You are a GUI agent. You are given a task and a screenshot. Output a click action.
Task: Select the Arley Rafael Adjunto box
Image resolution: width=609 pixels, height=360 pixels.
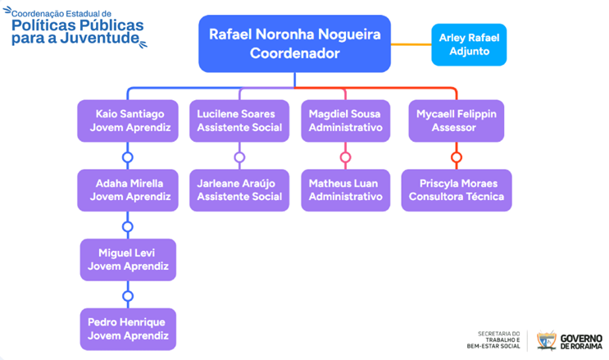click(x=469, y=43)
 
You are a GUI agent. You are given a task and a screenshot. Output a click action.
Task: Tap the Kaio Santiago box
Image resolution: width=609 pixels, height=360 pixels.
click(x=127, y=121)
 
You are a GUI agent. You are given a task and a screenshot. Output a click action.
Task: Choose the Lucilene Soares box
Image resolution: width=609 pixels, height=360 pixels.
click(x=239, y=121)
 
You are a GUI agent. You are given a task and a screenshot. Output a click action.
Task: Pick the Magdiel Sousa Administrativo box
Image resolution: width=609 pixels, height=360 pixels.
click(x=345, y=121)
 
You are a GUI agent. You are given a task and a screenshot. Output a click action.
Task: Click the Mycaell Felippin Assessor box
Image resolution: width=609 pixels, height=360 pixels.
click(x=456, y=121)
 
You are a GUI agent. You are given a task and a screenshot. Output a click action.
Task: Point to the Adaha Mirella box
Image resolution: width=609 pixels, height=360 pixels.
click(x=127, y=190)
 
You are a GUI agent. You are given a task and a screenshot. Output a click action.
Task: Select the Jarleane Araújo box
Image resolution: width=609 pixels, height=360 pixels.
click(x=239, y=190)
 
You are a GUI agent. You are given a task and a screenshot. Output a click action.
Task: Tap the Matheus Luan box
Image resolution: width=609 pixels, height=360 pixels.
click(x=345, y=190)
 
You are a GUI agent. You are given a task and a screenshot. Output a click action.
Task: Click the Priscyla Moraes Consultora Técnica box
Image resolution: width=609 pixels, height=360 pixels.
click(x=456, y=190)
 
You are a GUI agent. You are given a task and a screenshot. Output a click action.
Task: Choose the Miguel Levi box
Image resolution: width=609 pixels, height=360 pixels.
click(x=127, y=259)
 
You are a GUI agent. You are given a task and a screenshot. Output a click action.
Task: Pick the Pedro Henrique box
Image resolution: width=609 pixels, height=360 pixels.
click(x=127, y=329)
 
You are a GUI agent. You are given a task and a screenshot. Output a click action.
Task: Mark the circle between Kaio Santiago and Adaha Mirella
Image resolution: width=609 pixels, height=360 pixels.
click(x=127, y=157)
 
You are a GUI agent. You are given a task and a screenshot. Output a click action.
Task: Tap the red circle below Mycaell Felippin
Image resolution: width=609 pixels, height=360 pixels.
click(x=457, y=157)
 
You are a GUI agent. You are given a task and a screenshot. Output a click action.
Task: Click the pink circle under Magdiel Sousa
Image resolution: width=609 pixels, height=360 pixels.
click(x=345, y=157)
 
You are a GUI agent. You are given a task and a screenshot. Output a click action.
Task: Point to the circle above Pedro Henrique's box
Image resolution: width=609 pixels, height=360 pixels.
click(x=127, y=295)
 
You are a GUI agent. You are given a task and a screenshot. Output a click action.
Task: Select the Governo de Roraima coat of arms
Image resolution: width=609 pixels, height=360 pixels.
click(x=546, y=339)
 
